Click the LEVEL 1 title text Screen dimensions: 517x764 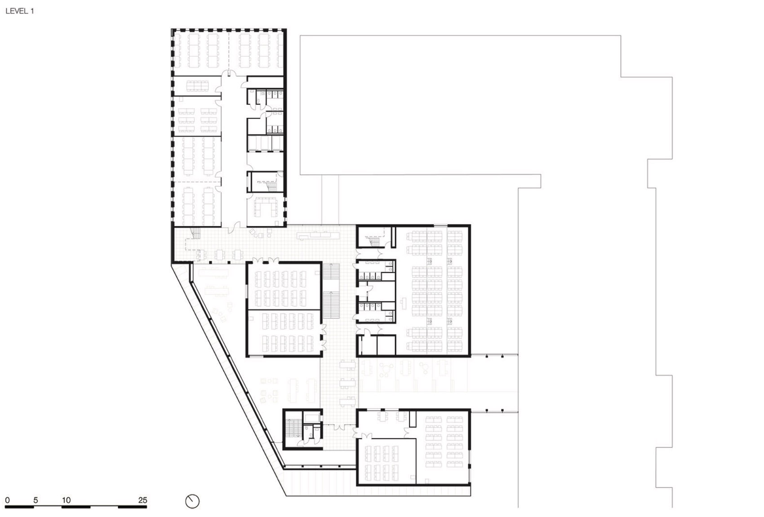[x=19, y=11]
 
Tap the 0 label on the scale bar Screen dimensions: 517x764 [x=7, y=500]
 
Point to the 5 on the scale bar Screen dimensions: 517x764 [x=36, y=500]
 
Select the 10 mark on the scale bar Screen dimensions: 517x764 [x=66, y=500]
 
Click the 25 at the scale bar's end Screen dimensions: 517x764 [x=142, y=500]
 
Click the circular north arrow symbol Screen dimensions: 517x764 [x=192, y=501]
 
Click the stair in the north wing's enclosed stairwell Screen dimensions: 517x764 [x=271, y=186]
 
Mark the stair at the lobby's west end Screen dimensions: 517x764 [x=195, y=234]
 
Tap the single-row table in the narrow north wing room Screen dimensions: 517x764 [x=198, y=85]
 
